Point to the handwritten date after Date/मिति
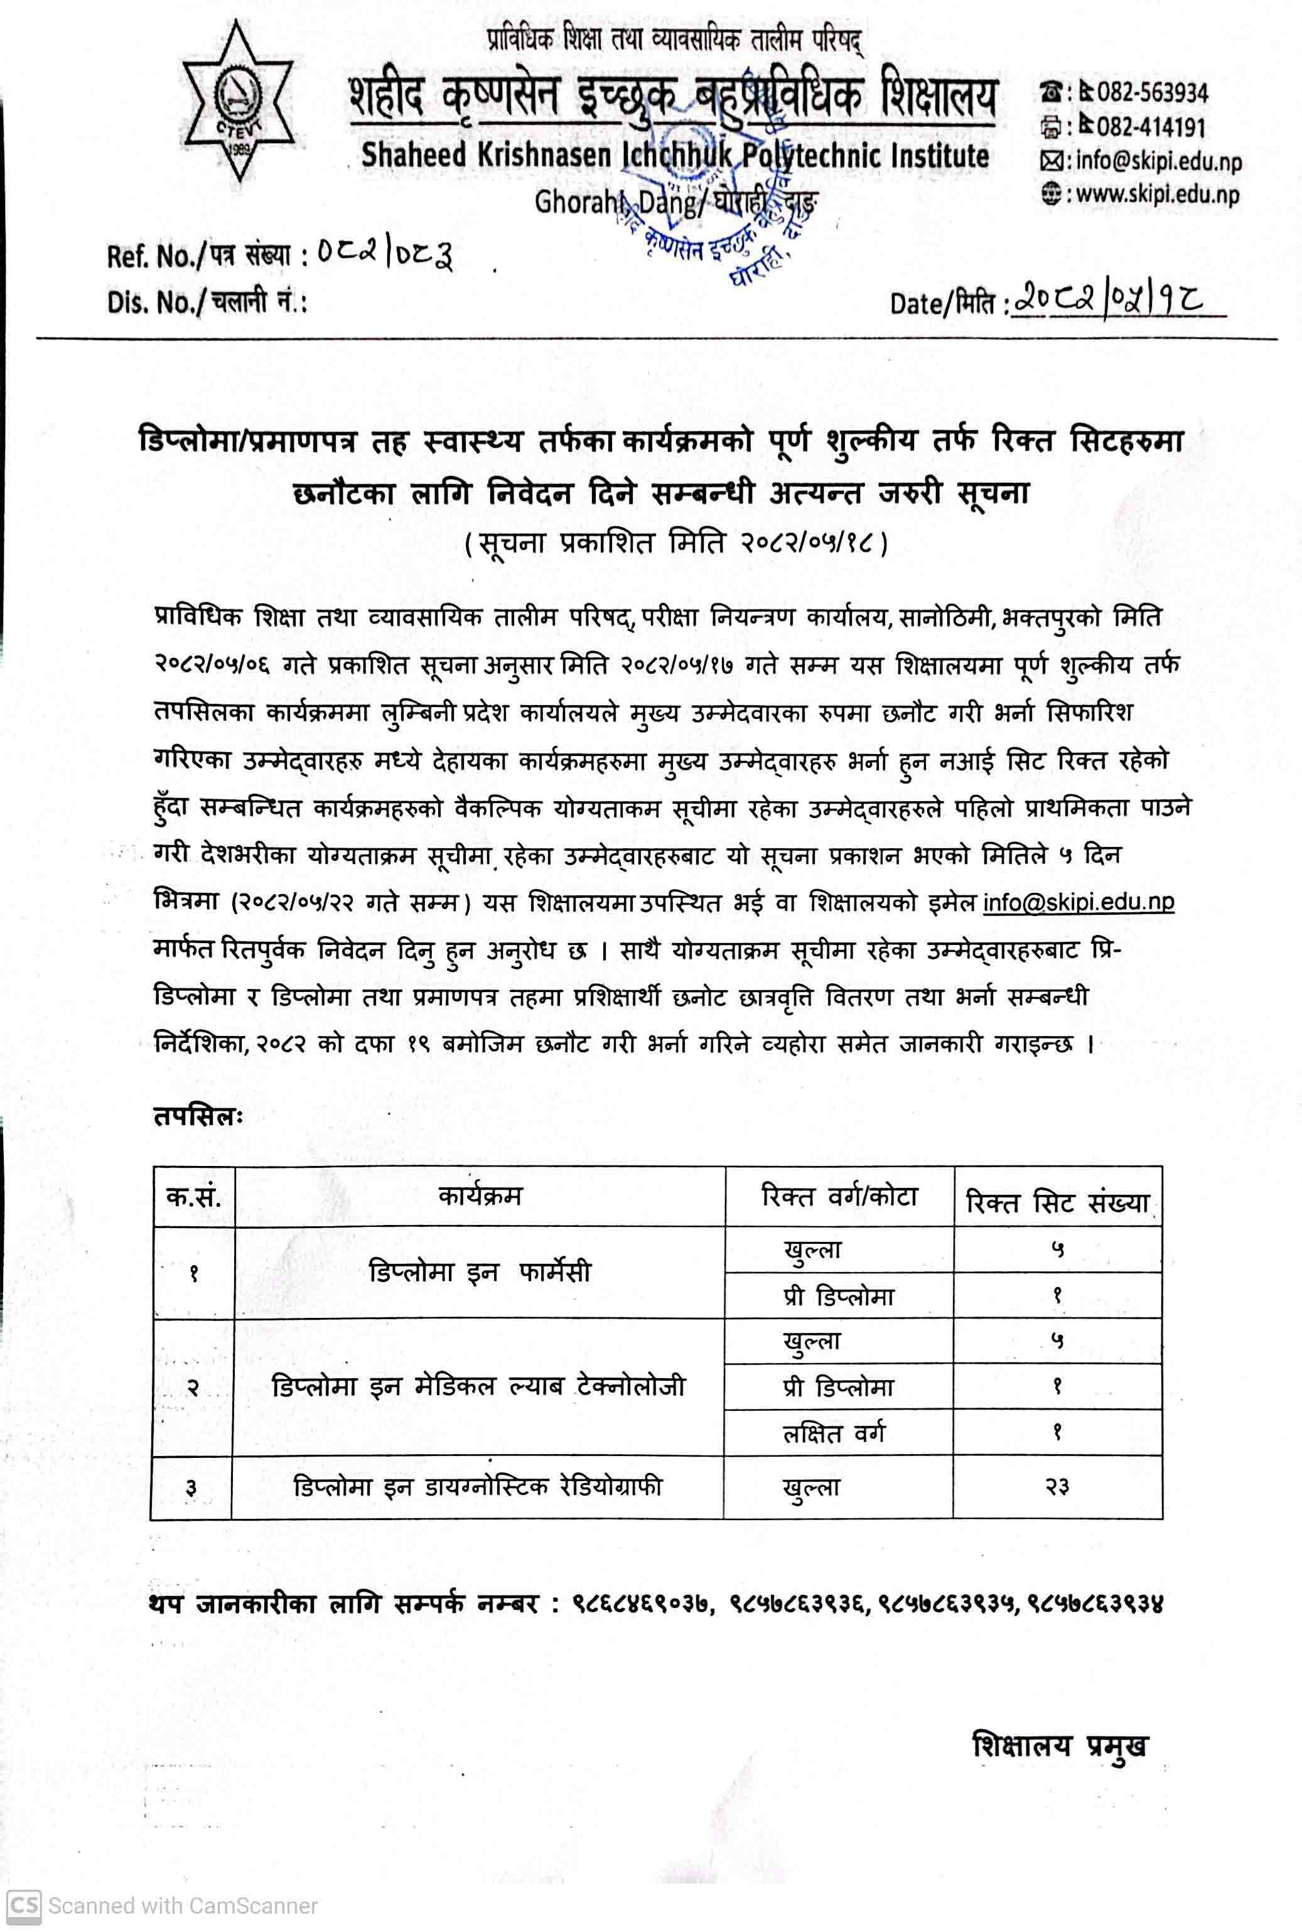[x=1112, y=300]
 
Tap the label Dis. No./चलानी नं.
[x=207, y=302]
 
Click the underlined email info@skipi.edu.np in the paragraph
[x=1078, y=902]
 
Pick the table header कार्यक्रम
[x=480, y=1195]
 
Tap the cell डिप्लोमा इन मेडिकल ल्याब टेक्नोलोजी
[x=478, y=1386]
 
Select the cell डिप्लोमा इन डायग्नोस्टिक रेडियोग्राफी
[x=478, y=1486]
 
